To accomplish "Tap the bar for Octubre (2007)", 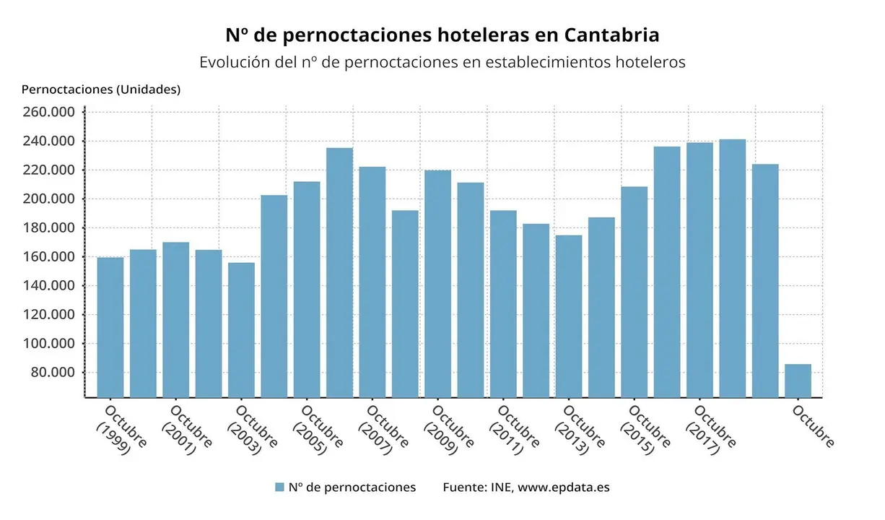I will coord(372,282).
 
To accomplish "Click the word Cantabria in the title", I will coord(612,35).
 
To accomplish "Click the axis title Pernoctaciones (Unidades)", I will coord(101,90).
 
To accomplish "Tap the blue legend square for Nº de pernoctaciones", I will coord(279,487).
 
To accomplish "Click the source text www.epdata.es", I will coord(564,487).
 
